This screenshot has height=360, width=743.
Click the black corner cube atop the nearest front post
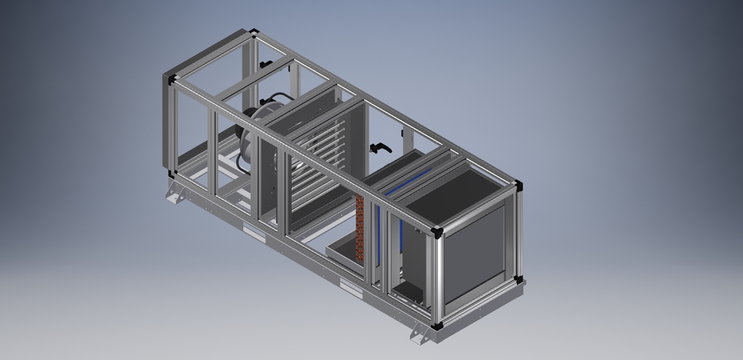[x=438, y=231]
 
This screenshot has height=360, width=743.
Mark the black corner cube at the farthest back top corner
[x=255, y=33]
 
